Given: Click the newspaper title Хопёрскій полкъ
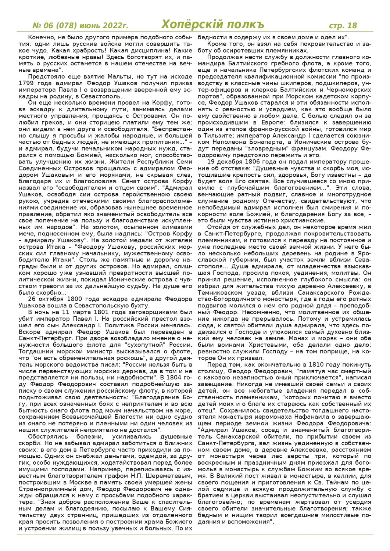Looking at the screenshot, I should click(212, 25).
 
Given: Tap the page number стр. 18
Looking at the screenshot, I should click(343, 25).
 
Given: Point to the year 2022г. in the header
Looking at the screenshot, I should click(114, 26).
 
